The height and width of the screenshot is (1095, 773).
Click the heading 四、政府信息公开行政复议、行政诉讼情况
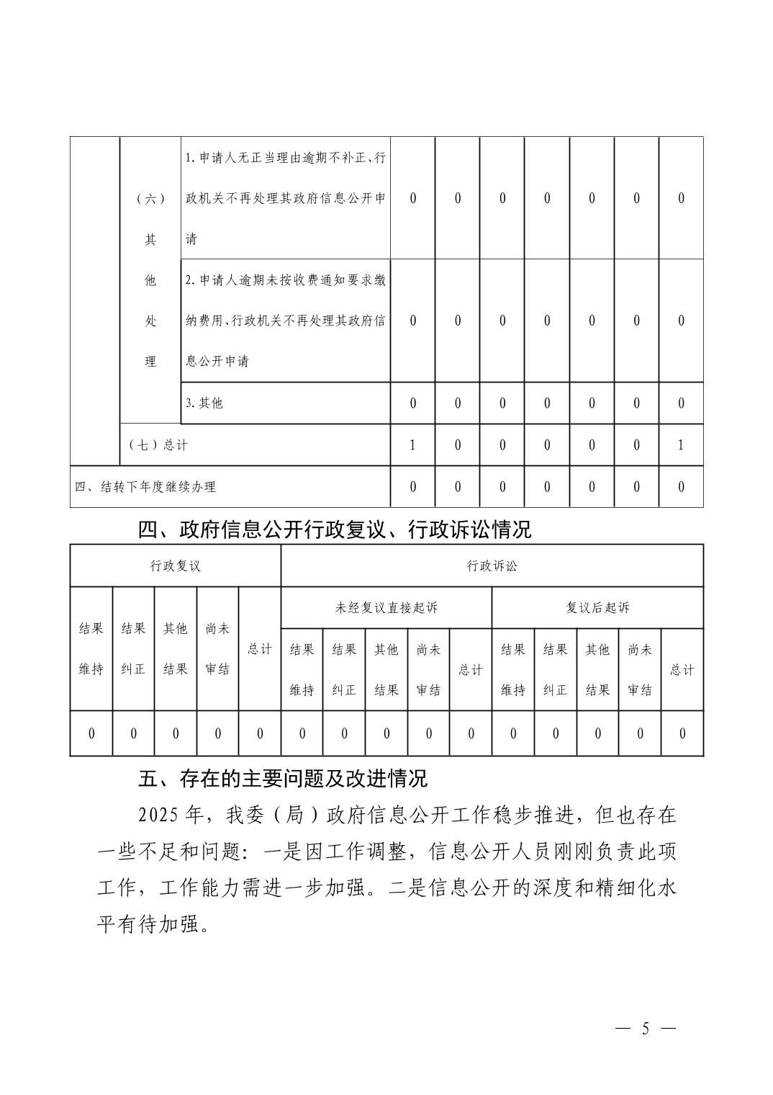[x=335, y=530]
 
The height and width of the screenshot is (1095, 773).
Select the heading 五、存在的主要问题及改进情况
[x=283, y=778]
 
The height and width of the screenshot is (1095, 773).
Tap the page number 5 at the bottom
[x=646, y=1028]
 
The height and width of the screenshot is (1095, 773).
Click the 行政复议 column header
[x=175, y=566]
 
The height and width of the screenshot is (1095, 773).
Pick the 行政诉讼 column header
[x=492, y=566]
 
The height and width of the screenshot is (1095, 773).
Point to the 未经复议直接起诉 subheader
[x=386, y=607]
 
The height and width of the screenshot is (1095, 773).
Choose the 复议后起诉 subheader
[x=597, y=607]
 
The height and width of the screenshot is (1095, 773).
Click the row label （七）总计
[x=158, y=444]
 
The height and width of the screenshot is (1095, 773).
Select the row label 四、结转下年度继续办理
[x=145, y=486]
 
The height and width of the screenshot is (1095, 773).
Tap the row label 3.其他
[x=204, y=403]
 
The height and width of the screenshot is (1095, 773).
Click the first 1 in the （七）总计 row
[x=412, y=444]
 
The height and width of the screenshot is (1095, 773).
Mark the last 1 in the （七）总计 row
[x=681, y=444]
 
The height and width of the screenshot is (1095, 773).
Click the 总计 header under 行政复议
[x=259, y=648]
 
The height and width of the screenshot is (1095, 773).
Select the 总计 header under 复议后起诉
[x=682, y=669]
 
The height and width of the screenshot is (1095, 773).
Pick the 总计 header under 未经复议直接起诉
[x=471, y=669]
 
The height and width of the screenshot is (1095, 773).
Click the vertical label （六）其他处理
[x=150, y=280]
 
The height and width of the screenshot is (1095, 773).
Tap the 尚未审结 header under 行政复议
[x=217, y=648]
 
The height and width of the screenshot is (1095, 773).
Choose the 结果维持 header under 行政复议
[x=91, y=648]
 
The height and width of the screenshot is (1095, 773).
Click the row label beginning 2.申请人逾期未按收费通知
[x=286, y=320]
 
